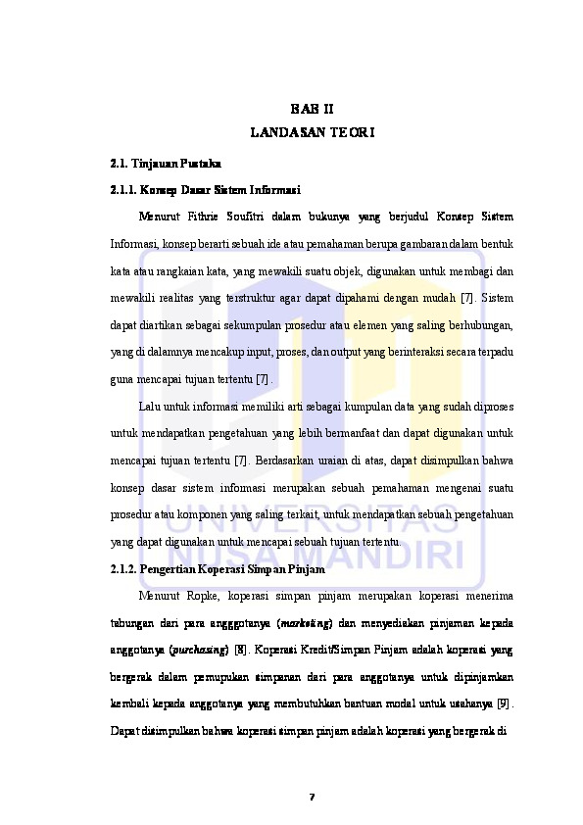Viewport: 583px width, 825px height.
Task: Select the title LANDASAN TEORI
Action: [312, 130]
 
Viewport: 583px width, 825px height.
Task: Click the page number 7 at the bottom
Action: [312, 795]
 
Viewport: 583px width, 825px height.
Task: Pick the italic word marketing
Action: [307, 623]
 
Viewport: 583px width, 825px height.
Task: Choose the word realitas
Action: [180, 297]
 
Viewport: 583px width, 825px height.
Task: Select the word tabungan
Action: [133, 623]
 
